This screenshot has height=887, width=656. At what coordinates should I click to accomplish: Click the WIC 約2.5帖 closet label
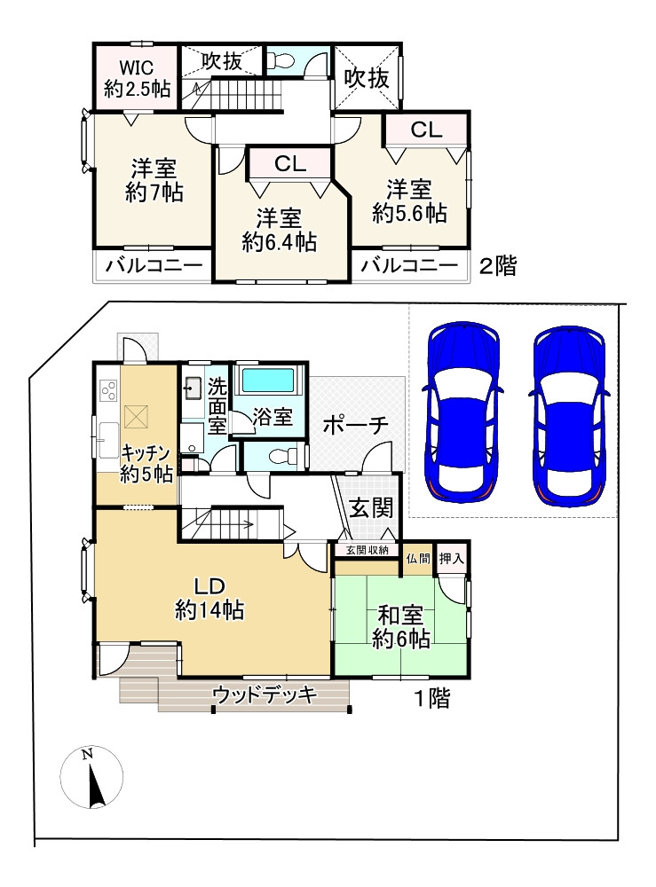click(x=137, y=78)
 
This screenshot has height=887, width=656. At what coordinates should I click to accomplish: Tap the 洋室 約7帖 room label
click(x=154, y=180)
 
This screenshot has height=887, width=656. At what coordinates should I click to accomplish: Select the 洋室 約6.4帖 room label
click(x=279, y=230)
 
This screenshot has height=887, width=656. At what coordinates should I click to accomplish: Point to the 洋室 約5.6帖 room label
click(x=409, y=200)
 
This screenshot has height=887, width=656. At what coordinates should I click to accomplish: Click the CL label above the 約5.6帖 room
click(x=426, y=130)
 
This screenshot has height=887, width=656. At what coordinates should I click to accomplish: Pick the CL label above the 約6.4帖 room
click(x=290, y=163)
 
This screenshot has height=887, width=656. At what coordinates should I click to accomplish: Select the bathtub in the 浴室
click(x=267, y=380)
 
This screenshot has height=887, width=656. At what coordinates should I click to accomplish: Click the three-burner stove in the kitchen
click(x=108, y=389)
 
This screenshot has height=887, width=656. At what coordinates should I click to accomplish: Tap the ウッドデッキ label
click(x=265, y=695)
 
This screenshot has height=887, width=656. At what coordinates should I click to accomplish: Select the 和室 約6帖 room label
click(x=400, y=626)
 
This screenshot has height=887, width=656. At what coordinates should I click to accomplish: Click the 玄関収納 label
click(x=367, y=550)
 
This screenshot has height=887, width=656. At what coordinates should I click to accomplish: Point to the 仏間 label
click(x=418, y=559)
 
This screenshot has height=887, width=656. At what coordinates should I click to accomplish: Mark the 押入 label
click(x=451, y=559)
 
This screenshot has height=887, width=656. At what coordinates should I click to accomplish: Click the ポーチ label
click(x=356, y=425)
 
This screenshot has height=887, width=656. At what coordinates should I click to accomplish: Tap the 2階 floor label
click(x=498, y=265)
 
